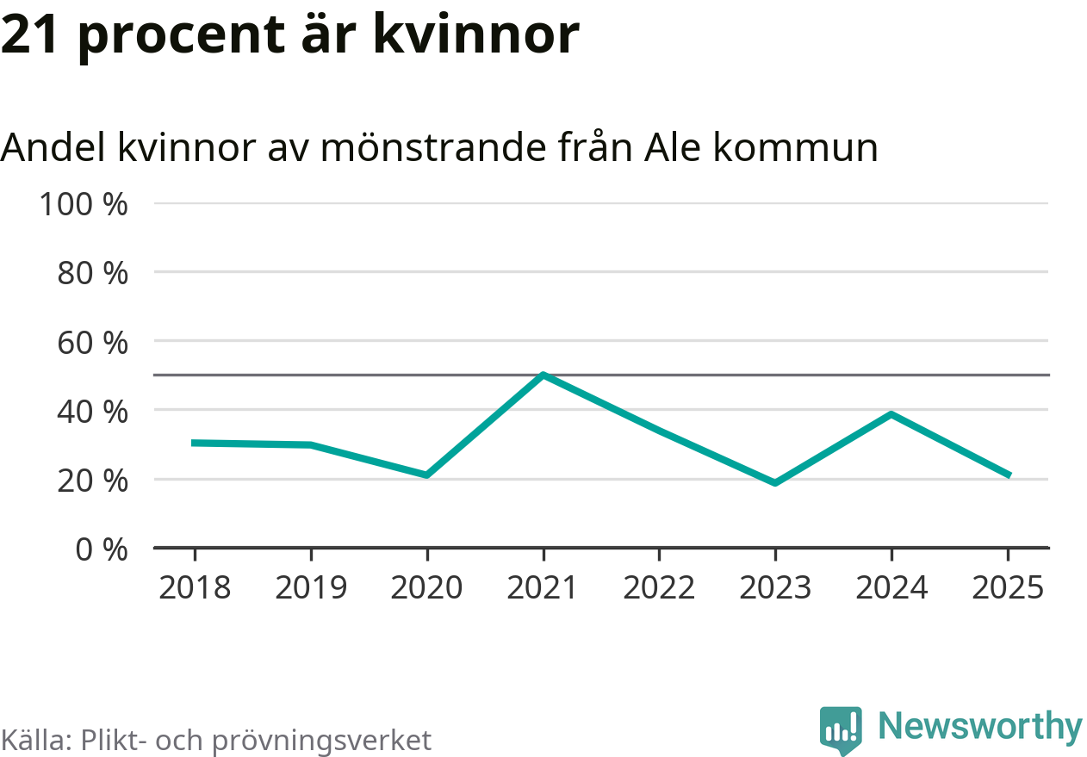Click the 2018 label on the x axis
coord(195,588)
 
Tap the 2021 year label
coord(543,588)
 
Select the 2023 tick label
coord(775,588)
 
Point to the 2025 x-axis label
coord(1007,588)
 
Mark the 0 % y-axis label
coord(102,549)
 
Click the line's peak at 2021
coord(543,375)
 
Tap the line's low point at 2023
coord(775,482)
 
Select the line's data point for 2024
coord(891,414)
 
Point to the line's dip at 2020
coord(426,475)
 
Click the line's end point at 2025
coord(1008,475)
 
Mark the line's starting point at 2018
coord(195,443)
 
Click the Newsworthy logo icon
coord(840,730)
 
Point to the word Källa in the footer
coord(34,740)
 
